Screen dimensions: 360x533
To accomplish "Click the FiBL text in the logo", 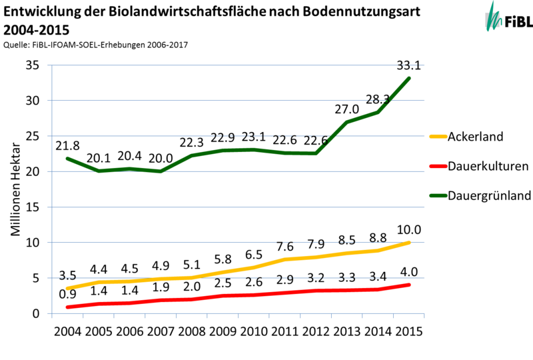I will tap(518, 22).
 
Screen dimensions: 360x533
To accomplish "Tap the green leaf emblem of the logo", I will tap(494, 17).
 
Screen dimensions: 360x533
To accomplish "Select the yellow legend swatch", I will tap(438, 136).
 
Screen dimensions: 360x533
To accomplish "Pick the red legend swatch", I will tap(438, 166).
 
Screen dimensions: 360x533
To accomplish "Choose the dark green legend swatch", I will tap(438, 195).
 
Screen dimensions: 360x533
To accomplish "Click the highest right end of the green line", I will tap(409, 78).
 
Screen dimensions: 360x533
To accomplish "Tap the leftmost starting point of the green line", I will tap(67, 158).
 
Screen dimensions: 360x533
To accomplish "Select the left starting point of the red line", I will tap(67, 307).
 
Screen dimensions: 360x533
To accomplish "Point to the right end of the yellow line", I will tap(409, 242).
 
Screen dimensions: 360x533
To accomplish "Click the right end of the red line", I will tap(409, 285).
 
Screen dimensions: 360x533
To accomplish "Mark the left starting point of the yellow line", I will tap(67, 288).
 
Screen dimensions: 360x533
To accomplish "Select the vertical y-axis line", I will tap(51, 200).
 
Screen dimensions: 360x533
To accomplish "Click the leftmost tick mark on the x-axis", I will tap(52, 317).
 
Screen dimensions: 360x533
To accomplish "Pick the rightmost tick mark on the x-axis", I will tap(424, 317).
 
